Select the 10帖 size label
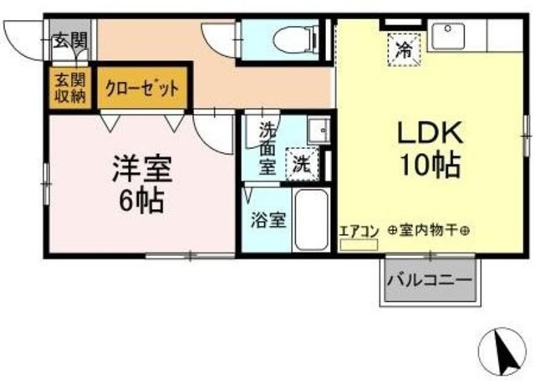430,166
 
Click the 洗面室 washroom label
266,147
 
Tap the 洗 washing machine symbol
299,163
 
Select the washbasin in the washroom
317,132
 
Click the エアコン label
358,232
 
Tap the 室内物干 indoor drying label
425,232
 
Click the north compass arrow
502,351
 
